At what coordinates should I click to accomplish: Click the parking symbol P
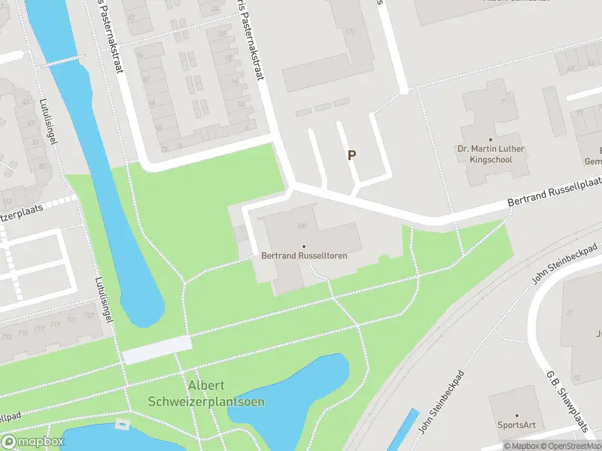(x=351, y=155)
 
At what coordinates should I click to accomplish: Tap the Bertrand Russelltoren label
(x=304, y=256)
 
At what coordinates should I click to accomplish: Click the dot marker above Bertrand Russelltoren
(x=304, y=246)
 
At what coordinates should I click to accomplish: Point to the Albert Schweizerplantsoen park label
(x=226, y=393)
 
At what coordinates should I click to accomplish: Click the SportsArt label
(x=517, y=425)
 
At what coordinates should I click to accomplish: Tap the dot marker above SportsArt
(x=517, y=415)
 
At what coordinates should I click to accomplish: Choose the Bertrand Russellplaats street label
(x=555, y=192)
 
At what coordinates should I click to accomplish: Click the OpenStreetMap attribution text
(x=571, y=446)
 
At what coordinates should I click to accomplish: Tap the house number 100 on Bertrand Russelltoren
(x=303, y=226)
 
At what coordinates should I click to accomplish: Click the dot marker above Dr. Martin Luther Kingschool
(x=490, y=139)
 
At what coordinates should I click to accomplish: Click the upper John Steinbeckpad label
(x=564, y=263)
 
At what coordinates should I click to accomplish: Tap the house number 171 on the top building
(x=349, y=32)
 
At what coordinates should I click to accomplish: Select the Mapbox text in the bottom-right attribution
(x=524, y=446)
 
